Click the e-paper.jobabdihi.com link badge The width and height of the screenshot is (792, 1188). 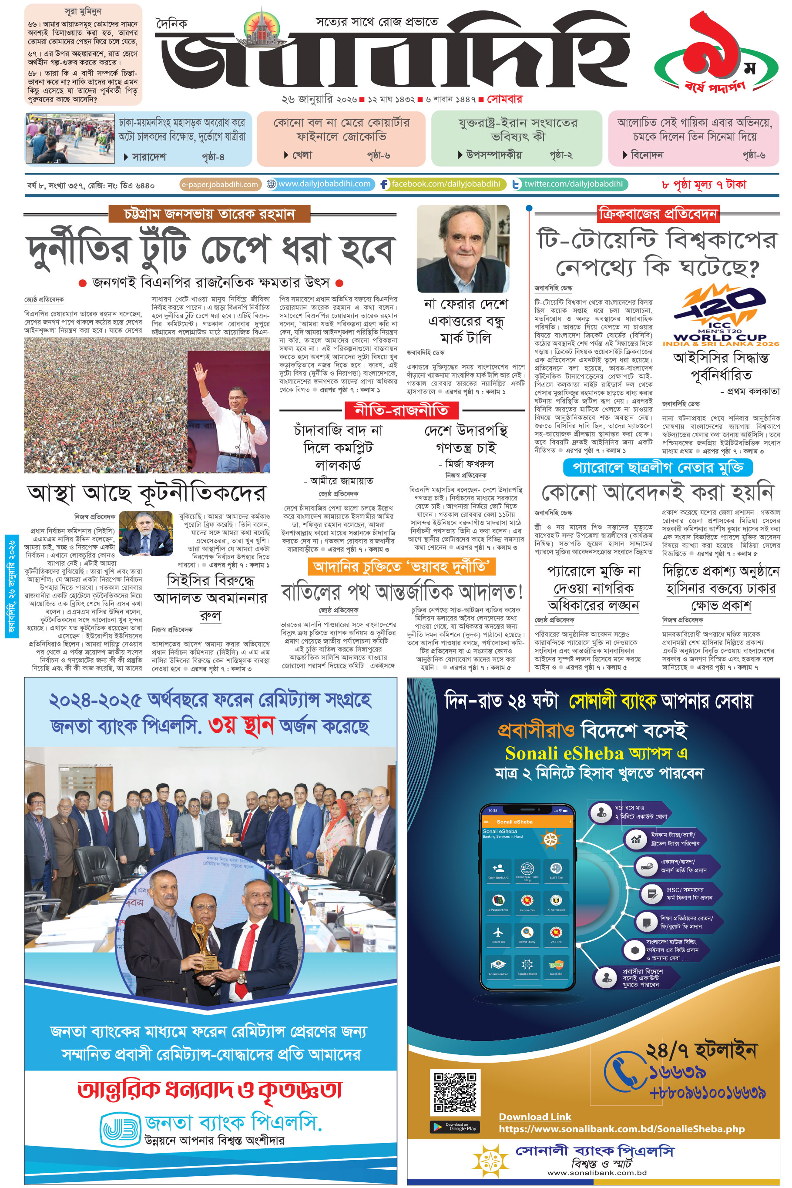[220, 185]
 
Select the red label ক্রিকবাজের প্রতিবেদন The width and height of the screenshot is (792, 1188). [658, 214]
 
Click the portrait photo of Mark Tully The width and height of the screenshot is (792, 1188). [463, 248]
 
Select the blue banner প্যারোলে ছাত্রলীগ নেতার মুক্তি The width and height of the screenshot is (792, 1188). [658, 467]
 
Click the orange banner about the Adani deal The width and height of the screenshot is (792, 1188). [402, 567]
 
